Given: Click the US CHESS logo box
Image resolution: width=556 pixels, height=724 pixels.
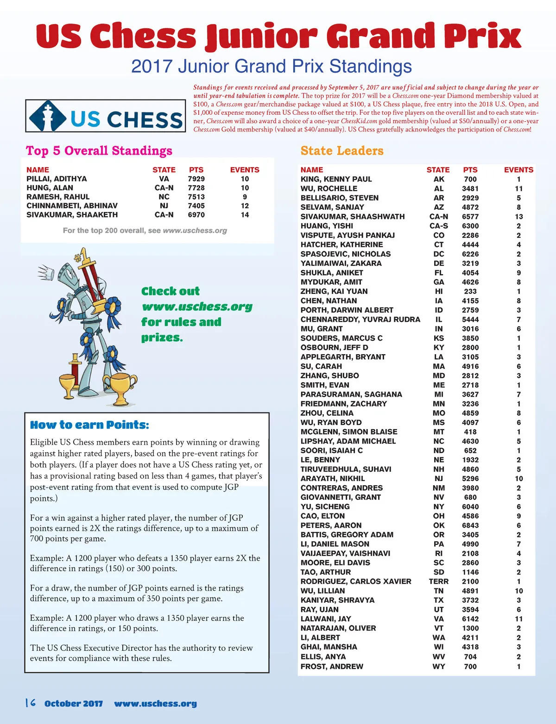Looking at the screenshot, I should click(106, 116).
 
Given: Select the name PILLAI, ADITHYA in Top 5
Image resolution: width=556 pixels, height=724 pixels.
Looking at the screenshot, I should click(57, 179).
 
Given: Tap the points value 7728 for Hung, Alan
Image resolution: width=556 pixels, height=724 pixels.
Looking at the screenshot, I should click(196, 188).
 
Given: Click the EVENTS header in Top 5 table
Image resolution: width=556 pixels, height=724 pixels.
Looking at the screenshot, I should click(245, 170).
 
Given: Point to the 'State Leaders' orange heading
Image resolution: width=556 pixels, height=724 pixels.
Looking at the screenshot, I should click(342, 151).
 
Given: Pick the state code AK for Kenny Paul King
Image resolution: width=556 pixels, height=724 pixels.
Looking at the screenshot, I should click(439, 179).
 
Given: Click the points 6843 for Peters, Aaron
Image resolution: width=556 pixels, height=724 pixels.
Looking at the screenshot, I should click(470, 525).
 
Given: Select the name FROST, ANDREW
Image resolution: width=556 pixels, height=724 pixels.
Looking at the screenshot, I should click(332, 667).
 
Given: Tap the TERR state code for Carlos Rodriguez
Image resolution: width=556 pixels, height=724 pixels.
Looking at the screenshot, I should click(438, 581).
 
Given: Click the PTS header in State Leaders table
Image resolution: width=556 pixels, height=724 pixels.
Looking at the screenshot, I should click(470, 170).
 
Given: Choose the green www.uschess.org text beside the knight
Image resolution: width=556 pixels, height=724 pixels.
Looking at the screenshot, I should click(197, 307).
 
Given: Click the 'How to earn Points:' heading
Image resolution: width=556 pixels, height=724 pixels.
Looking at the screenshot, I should click(89, 425).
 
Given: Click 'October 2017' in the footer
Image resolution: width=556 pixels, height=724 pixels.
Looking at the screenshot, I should click(74, 704).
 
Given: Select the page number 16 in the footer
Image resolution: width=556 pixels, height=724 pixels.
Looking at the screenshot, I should click(31, 703).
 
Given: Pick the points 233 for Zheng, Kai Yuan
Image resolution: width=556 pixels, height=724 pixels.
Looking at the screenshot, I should click(470, 292).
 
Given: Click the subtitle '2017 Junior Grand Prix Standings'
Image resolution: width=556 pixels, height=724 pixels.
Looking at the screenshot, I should click(272, 66).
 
